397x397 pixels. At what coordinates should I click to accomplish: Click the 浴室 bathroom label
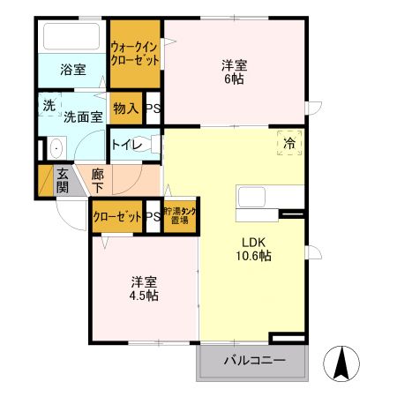coord(73,70)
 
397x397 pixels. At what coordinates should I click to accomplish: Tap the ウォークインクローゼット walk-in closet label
coord(135,54)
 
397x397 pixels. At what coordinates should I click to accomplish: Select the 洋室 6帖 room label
coord(233,71)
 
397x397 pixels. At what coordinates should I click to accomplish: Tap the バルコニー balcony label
coord(253,360)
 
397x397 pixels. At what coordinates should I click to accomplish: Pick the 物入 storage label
coord(127,109)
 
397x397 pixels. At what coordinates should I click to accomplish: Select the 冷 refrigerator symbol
coord(290,140)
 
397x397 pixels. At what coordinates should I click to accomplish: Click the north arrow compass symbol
coord(344,363)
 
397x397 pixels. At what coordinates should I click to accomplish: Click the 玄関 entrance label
coord(63,181)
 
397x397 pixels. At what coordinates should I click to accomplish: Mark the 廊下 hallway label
coord(97,181)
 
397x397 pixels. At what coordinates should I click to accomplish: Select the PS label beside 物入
coord(153,109)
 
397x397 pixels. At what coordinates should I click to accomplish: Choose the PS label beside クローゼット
coord(153,216)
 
